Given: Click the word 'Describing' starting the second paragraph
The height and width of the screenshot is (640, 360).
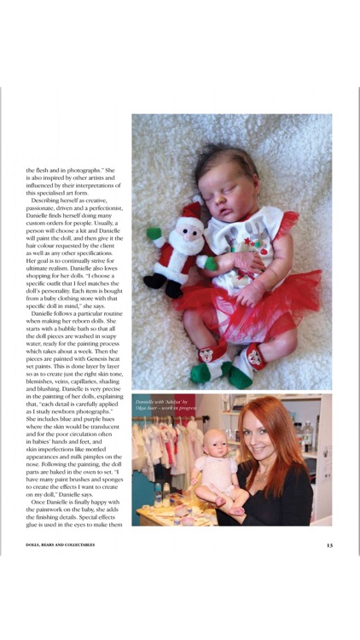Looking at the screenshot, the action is (x=50, y=200).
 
